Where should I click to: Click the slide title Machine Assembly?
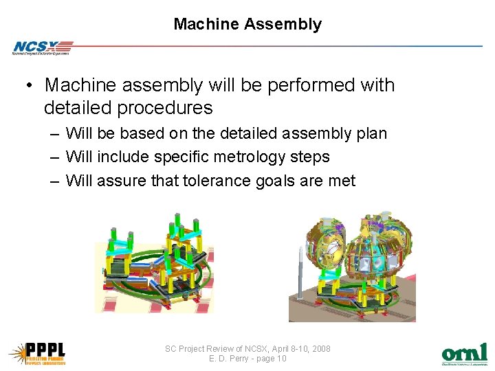tap(247, 25)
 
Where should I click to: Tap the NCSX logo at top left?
tap(41, 47)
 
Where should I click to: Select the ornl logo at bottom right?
tap(464, 353)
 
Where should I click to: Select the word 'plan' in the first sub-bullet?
tap(371, 133)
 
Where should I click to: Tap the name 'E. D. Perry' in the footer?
tap(229, 359)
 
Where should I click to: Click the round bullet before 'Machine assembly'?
tap(30, 87)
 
